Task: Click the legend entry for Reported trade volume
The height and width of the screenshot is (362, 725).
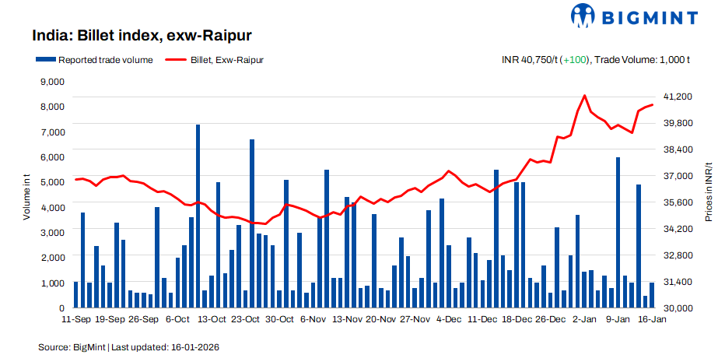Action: pos(93,59)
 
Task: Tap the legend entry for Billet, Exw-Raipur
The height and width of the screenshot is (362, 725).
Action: pos(214,59)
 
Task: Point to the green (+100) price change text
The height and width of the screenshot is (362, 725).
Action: pos(575,59)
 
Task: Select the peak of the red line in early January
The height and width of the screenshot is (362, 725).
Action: pos(584,95)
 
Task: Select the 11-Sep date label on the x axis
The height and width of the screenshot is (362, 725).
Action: pos(75,319)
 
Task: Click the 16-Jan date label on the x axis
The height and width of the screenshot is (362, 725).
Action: pos(651,319)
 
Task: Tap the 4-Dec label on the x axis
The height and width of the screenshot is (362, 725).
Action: pos(449,319)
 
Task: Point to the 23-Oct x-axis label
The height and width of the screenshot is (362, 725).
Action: pos(246,319)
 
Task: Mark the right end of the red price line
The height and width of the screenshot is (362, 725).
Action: pos(652,104)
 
